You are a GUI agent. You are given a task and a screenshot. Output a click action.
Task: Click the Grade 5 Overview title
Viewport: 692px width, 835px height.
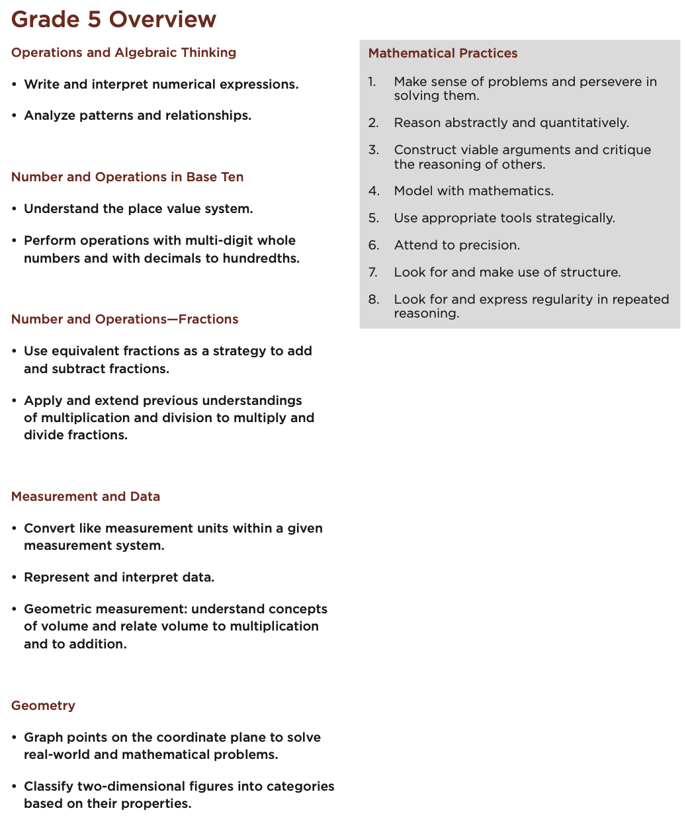tap(114, 19)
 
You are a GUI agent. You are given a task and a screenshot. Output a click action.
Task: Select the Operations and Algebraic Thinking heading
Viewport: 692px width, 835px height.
tap(124, 52)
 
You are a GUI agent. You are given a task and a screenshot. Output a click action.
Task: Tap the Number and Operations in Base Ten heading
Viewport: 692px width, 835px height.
tap(127, 177)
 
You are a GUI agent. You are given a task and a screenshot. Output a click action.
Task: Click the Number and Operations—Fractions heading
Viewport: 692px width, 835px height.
tap(124, 319)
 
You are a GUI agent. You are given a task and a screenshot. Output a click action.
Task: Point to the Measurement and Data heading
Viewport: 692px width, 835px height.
tap(85, 496)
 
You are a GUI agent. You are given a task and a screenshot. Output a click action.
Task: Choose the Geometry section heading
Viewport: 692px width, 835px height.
tap(43, 705)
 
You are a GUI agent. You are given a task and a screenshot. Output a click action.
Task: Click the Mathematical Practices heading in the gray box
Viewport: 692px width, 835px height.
tap(443, 53)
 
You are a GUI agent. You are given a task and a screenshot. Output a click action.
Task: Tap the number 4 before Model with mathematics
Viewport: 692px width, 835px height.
tap(374, 191)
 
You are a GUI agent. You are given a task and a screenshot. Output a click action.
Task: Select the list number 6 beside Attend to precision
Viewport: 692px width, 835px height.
tap(374, 245)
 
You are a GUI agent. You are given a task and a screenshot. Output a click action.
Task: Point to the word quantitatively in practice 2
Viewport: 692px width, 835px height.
tap(584, 123)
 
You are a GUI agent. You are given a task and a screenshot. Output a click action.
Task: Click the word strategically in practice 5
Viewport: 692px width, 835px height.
tap(574, 218)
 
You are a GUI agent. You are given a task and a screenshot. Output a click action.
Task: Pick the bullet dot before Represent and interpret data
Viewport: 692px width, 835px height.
tap(15, 578)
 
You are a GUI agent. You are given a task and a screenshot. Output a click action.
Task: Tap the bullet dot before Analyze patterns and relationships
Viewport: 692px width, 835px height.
tap(15, 116)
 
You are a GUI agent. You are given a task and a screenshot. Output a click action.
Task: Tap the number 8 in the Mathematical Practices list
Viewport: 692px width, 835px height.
tap(374, 300)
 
